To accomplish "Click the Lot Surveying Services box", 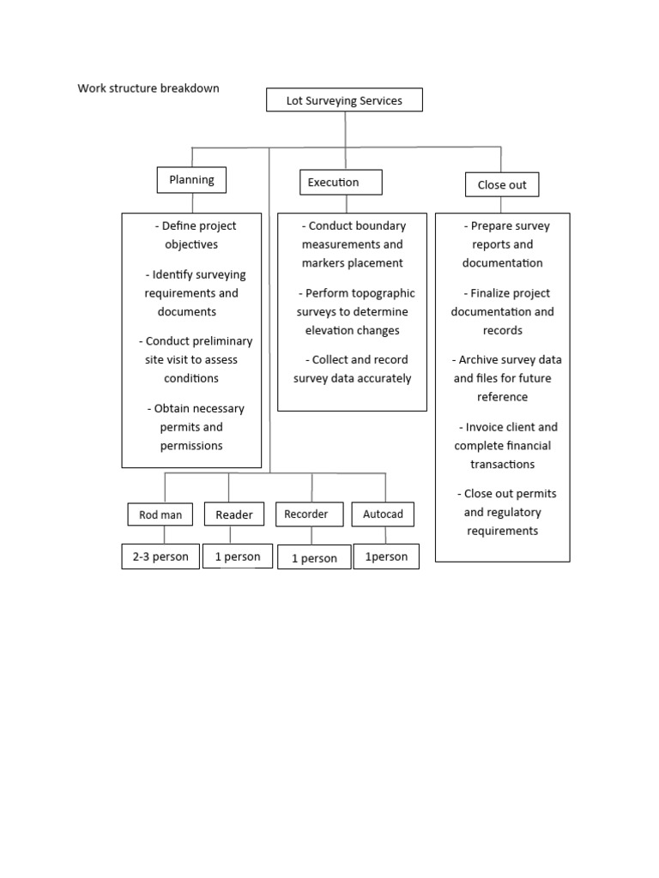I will [x=345, y=100].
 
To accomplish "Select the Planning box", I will [x=191, y=180].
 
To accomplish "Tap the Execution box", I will [x=341, y=183].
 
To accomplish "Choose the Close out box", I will [x=502, y=184].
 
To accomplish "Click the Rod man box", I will [x=161, y=514].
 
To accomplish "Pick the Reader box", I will [x=234, y=514].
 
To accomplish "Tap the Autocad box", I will [x=384, y=514].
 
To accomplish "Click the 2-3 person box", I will [x=160, y=556].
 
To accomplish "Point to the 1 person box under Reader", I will [x=238, y=556].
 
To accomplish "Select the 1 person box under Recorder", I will [x=314, y=558].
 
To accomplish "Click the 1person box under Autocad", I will [x=387, y=557].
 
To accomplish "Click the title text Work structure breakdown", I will [x=148, y=88].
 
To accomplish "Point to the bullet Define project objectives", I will [x=192, y=235].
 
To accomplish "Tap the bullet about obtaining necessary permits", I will [x=192, y=427].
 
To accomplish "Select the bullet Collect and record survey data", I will [x=353, y=369].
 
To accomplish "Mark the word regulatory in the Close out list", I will [x=503, y=513].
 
